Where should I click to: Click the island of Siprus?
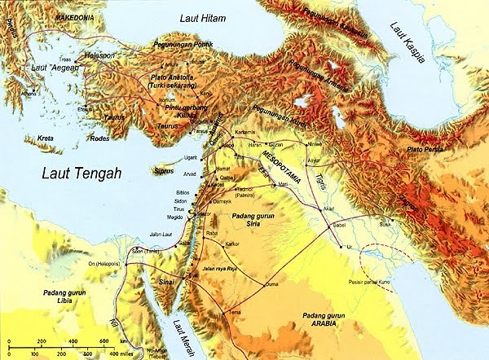click(x=165, y=171)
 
